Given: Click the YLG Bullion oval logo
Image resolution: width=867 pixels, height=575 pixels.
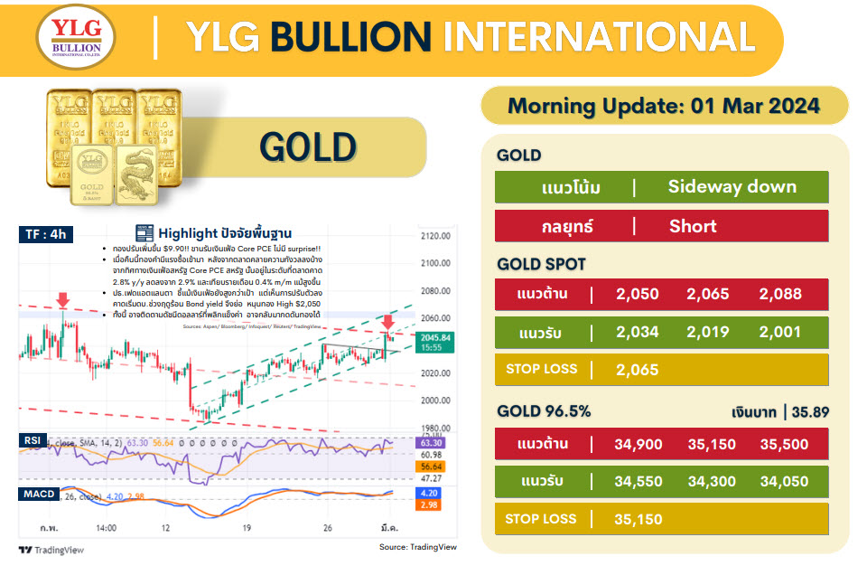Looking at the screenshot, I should [x=76, y=39].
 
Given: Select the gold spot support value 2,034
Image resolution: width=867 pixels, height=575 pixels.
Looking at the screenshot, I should [x=638, y=333].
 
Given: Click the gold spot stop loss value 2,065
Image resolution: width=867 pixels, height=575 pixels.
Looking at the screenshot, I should [x=638, y=369].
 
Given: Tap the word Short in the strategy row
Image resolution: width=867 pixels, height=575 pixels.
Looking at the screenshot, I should [x=694, y=225].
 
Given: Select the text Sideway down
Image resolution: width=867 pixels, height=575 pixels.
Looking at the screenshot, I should [x=732, y=187].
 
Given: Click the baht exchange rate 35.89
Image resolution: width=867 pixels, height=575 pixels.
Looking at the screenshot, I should [x=810, y=412].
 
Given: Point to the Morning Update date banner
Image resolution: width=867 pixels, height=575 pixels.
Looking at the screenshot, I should [x=664, y=106].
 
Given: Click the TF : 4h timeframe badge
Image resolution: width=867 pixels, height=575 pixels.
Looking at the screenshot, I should [x=47, y=235].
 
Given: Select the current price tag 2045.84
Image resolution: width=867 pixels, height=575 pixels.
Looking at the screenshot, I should [x=442, y=337].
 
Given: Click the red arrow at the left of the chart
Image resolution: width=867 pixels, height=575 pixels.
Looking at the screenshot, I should [x=62, y=300].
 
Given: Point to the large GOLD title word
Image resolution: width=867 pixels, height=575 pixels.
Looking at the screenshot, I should [x=308, y=147].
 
